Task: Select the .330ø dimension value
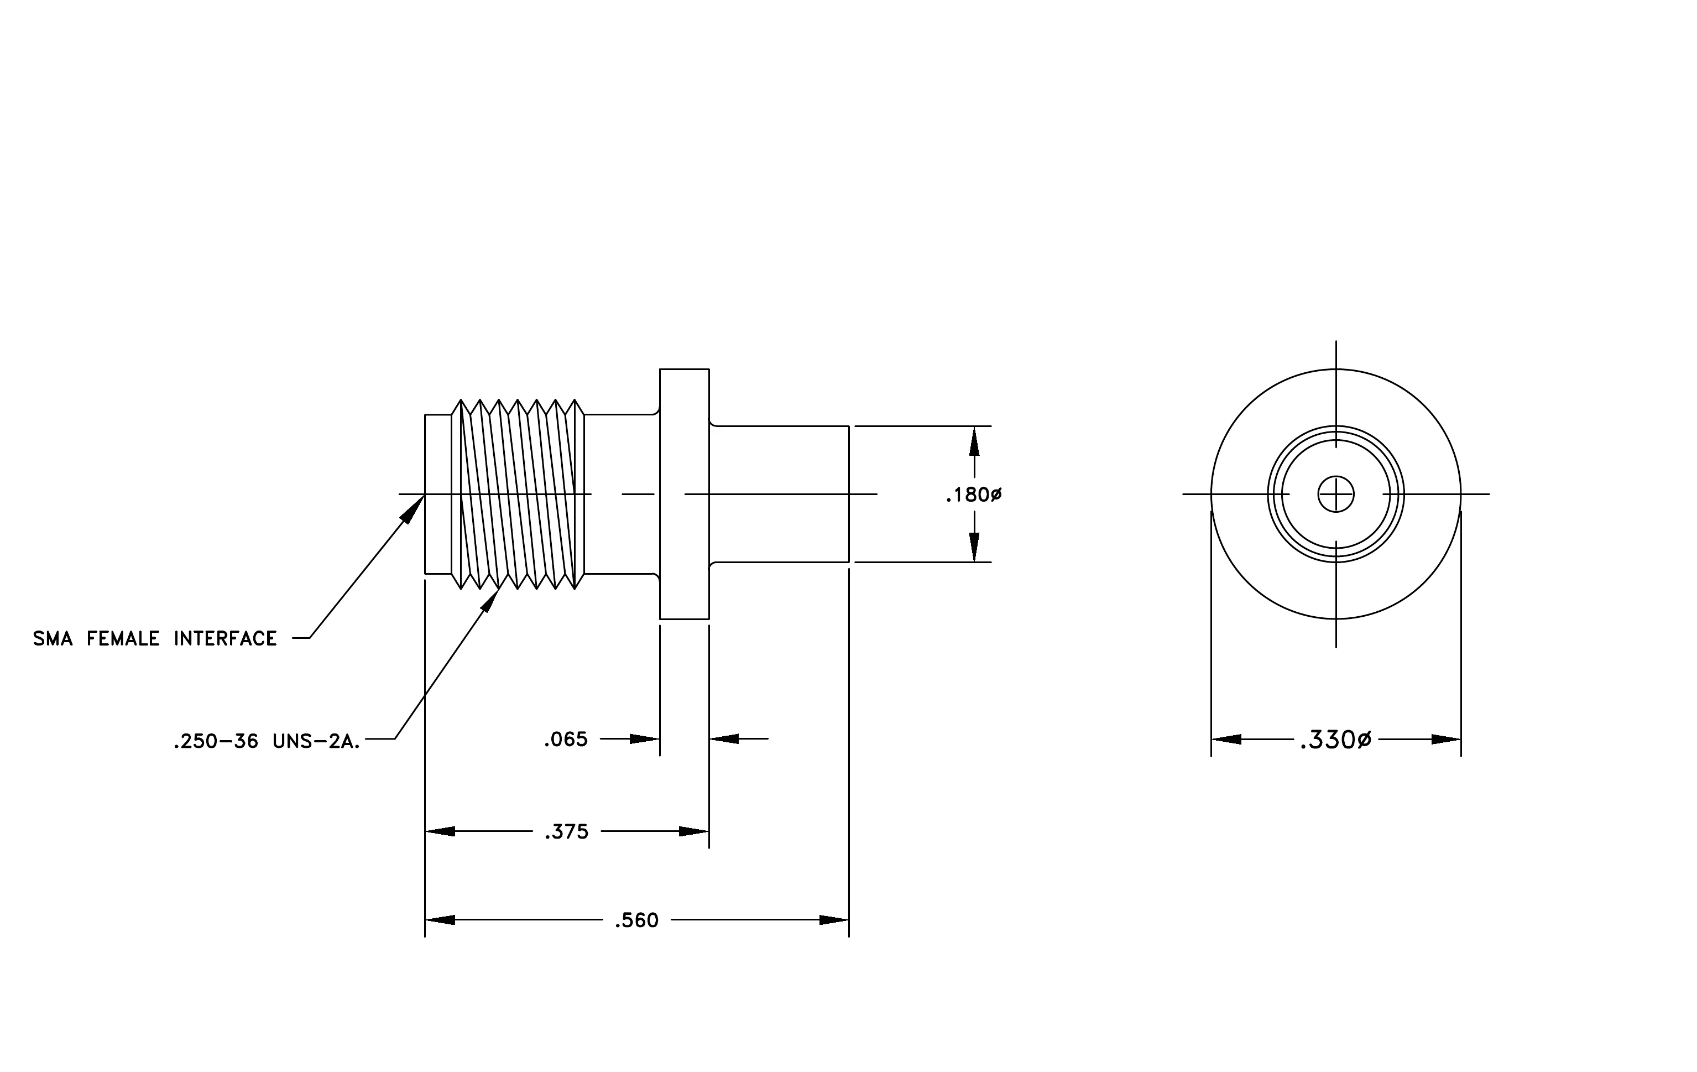click(1336, 740)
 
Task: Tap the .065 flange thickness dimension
click(566, 740)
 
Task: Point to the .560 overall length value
click(636, 920)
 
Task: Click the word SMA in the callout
click(53, 638)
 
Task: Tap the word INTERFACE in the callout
click(226, 638)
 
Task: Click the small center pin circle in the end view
click(1336, 494)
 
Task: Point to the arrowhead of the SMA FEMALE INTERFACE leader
click(414, 507)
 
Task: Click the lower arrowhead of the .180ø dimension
click(974, 548)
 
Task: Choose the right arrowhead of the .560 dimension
click(834, 920)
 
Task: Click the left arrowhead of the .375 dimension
click(440, 832)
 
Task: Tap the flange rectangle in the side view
click(685, 494)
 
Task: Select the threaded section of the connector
click(518, 494)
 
